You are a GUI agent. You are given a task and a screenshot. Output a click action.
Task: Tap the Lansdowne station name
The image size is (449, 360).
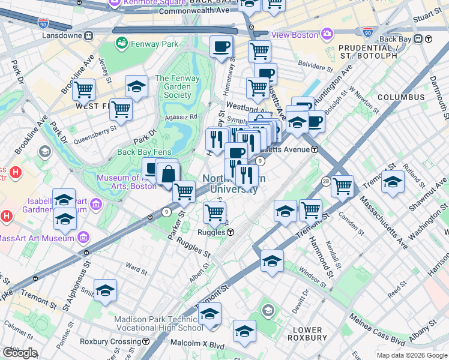coord(62,35)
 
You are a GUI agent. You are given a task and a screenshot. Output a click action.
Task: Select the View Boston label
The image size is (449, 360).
coord(295,35)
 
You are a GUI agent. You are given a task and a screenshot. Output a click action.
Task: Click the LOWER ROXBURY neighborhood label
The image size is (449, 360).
coord(309,334)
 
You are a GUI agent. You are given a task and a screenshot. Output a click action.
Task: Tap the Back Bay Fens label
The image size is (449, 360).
coord(142,152)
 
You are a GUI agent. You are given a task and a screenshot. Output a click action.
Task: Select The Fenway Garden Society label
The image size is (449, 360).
coord(173,86)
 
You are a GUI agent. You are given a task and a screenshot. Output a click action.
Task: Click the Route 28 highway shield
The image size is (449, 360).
coord(325,181)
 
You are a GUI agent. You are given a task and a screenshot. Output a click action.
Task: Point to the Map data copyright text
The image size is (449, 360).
coord(411,355)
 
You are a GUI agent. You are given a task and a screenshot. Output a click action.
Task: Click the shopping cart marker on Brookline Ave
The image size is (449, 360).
coord(84,90)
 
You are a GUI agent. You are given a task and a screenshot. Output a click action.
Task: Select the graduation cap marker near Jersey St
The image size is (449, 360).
coord(136,86)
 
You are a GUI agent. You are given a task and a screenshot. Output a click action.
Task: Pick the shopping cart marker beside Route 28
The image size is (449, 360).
coord(342,185)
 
